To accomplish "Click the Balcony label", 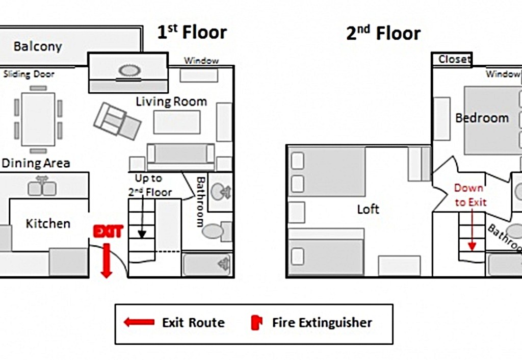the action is (x=38, y=46).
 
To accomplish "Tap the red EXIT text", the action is (x=108, y=231).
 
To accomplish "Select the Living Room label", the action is (x=171, y=101).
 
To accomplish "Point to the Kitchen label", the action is (x=48, y=223).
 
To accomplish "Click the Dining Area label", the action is (x=36, y=163).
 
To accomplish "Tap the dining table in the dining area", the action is (x=38, y=119).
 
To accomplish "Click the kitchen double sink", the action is (x=42, y=188).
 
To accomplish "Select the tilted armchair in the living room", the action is (x=117, y=121).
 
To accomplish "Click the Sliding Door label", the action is (x=29, y=74).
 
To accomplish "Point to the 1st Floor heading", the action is (x=192, y=32).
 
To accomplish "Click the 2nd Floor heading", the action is (x=383, y=33).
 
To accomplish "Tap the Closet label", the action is (x=454, y=59).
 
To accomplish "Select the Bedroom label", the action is (x=482, y=118).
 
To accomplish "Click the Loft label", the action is (x=368, y=209).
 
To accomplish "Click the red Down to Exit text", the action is (x=470, y=195).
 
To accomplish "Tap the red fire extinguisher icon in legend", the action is (x=257, y=322).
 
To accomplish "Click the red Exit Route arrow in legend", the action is (x=139, y=322).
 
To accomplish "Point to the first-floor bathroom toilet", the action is (x=216, y=231).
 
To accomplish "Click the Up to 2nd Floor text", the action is (x=150, y=186).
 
